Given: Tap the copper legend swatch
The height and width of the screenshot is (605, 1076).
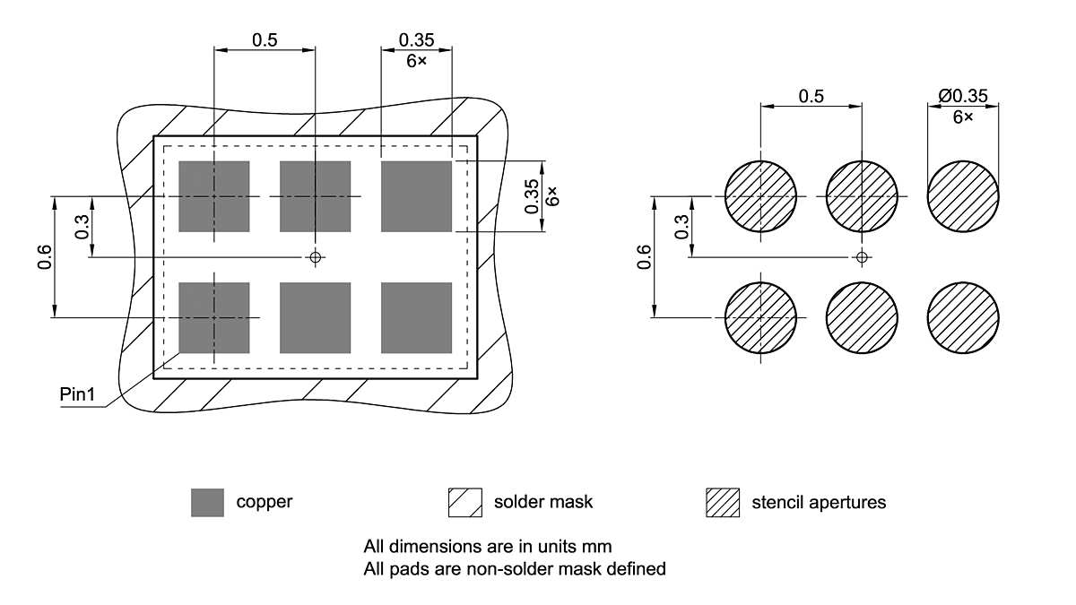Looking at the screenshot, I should pos(207,502).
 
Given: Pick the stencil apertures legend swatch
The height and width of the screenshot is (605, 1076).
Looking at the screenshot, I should pos(723,502).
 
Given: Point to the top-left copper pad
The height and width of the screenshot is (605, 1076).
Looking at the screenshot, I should pos(214,196).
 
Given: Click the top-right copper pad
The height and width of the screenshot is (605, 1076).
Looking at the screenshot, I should pos(416,196).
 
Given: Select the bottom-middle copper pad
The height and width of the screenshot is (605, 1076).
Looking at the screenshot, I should pos(315,317).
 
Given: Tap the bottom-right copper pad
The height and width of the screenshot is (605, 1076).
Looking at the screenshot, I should pos(416,317).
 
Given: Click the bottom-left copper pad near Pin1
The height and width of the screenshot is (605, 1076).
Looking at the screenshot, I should pos(214,317).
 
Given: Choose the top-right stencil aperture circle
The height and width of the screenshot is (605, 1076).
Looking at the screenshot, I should pos(962,196).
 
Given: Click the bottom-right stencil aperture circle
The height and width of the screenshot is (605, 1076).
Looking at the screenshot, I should pos(962,317).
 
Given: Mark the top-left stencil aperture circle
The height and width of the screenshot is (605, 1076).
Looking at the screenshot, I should pos(760,196).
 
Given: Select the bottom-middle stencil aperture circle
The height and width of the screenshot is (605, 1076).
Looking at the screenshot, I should pos(862,317).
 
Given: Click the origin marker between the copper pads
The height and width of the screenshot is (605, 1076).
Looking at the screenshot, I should pos(315,257).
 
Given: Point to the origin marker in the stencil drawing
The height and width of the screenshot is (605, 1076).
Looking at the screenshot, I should pos(862,257).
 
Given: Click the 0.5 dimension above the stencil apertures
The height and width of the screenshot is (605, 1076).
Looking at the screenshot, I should pos(811,96).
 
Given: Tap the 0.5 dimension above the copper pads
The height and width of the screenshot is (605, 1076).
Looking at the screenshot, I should pos(265,39).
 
